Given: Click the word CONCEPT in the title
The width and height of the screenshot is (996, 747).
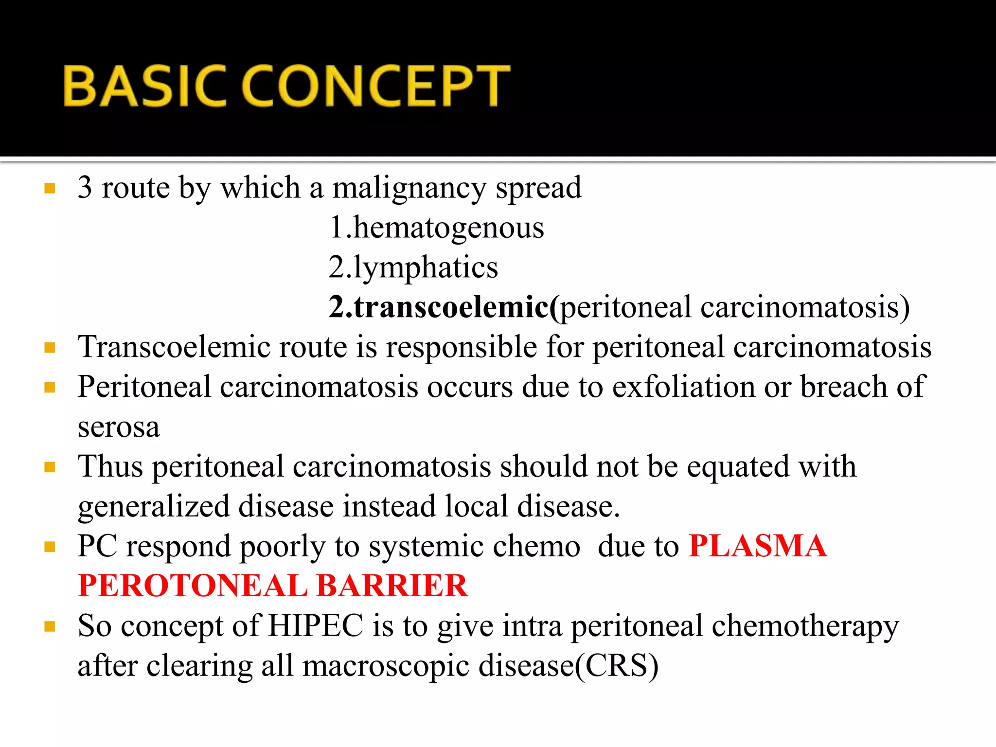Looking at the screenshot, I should pos(375,86).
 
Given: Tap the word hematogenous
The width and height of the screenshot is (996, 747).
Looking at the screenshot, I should pos(448,228).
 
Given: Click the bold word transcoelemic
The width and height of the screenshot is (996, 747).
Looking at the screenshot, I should pos(451,307).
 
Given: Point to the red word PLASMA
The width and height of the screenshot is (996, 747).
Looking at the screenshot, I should pos(758,546).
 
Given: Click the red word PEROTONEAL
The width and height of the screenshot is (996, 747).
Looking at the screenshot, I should pos(193,586).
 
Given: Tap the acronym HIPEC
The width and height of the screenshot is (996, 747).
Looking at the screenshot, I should pos(316,625).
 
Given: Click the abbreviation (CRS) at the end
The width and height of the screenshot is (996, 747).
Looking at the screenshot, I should pos(617,665).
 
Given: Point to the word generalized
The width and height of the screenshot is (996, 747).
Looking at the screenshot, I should pos(154,507).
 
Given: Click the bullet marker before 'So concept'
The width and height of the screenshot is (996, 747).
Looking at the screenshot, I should pos(50,626).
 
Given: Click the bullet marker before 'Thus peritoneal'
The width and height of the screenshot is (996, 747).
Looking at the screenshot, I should pos(50,467).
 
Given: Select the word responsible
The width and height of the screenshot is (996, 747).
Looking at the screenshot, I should pos(462,347).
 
